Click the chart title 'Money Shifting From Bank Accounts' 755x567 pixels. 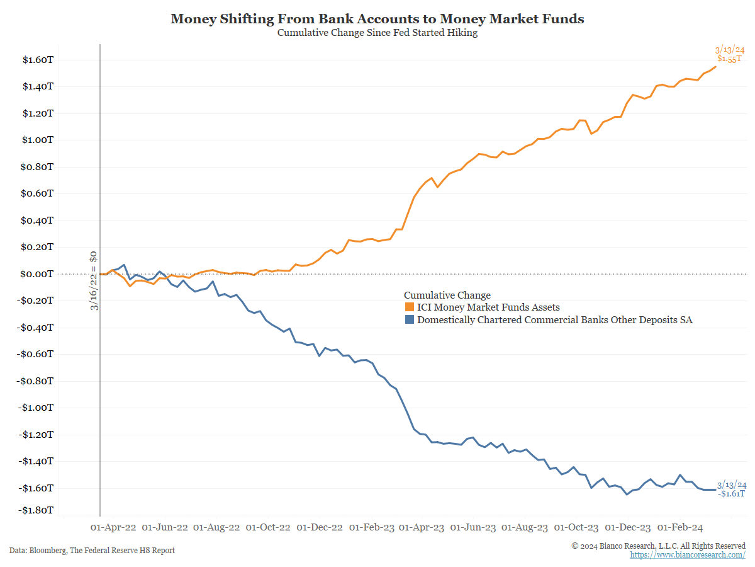coord(377,19)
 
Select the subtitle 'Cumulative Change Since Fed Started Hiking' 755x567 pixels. coord(377,33)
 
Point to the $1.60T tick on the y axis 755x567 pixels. coord(38,60)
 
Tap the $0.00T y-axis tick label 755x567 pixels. coord(38,274)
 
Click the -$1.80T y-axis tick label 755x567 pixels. coord(36,510)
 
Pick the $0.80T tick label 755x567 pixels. coord(38,167)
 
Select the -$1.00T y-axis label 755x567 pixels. coord(36,408)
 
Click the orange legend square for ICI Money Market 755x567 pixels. coord(409,307)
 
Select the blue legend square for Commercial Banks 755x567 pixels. coord(409,320)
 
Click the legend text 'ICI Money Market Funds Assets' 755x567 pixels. coord(488,307)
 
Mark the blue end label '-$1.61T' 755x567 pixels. coord(732,493)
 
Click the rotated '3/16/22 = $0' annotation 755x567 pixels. coord(93,280)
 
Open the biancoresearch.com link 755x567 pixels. coord(688,554)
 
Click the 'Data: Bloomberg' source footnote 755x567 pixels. coord(92,550)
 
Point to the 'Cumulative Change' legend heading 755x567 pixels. coord(447,295)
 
